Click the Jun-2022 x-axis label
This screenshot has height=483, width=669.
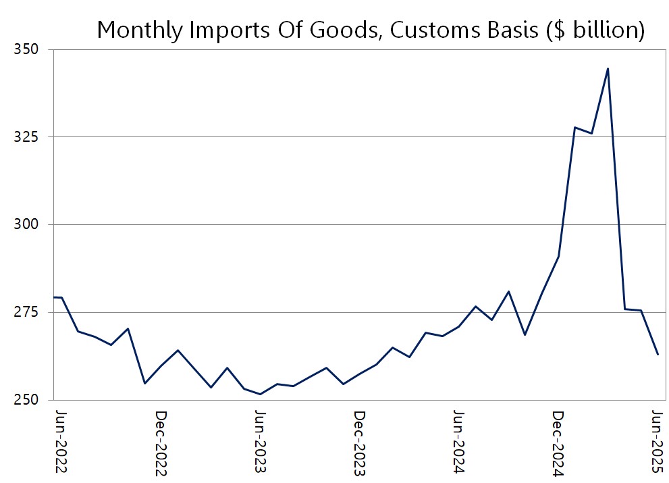coord(61,442)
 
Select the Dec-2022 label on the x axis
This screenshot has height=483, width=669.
coord(161,442)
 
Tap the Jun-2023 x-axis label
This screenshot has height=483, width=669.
coord(260,442)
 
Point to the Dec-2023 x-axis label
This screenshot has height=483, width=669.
coord(359,442)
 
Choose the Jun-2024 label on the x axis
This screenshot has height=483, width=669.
coord(458,442)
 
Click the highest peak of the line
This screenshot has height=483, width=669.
coord(608,68)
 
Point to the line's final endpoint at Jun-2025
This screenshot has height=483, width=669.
coord(658,355)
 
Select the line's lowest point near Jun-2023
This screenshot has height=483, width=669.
coord(260,394)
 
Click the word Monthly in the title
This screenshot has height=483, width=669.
coord(139,30)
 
